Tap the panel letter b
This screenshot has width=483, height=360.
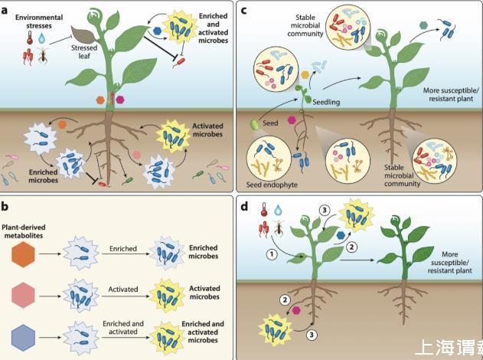(x=6, y=206)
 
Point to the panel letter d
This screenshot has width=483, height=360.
(x=244, y=206)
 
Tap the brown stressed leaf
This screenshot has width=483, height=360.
(x=83, y=34)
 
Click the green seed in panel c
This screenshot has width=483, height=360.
(x=256, y=124)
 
